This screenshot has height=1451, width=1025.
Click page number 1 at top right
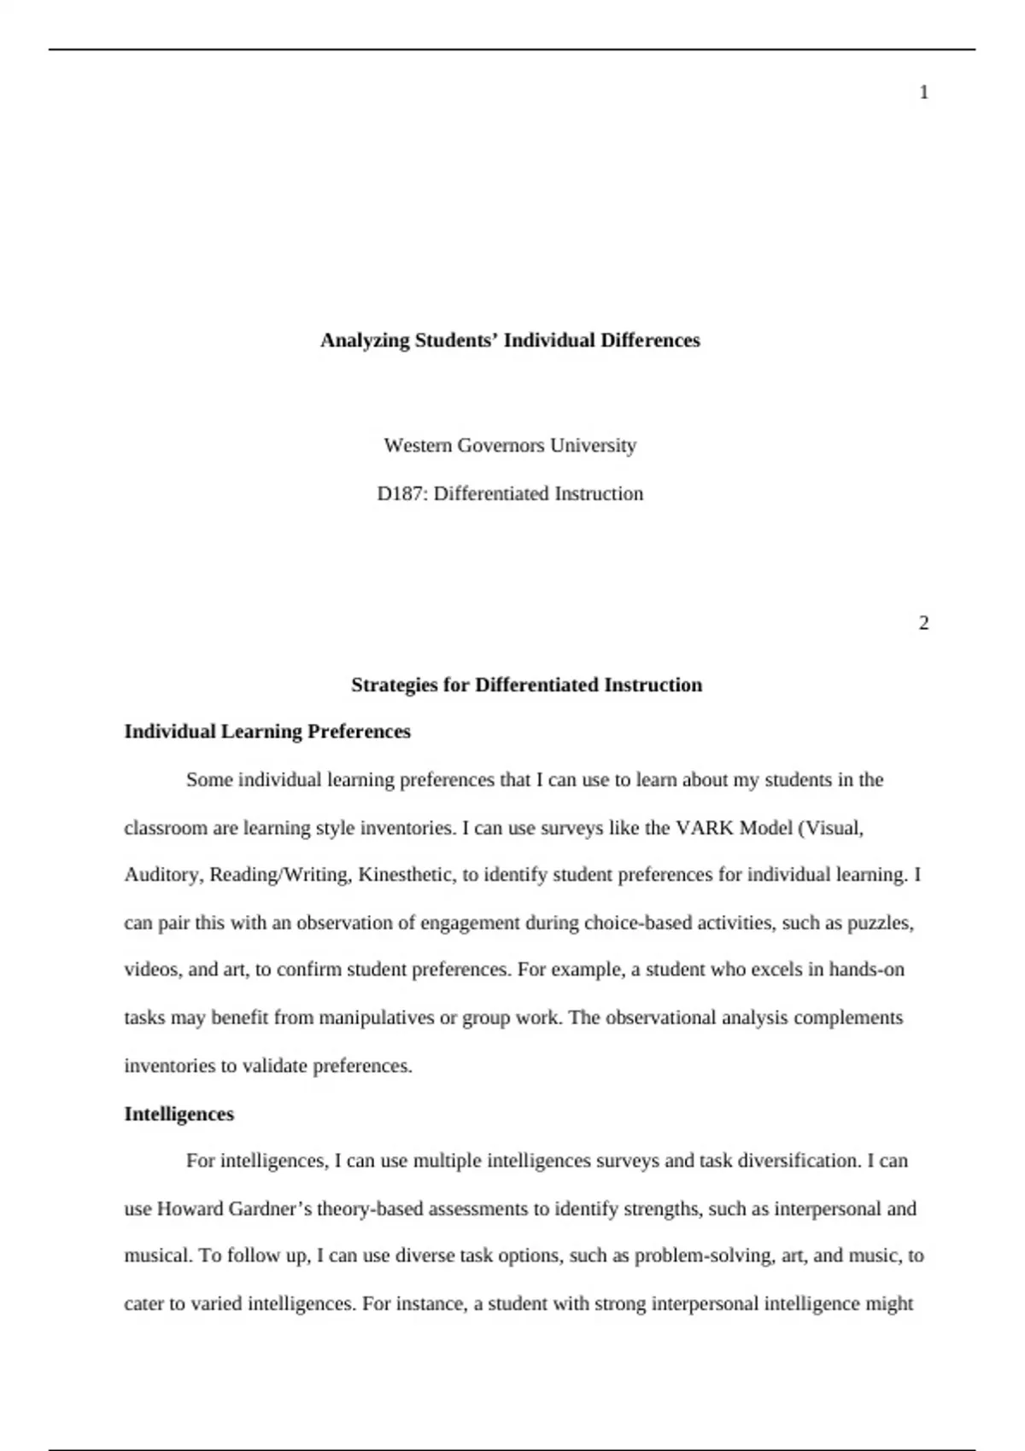923,92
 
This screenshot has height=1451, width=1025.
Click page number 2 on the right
923,623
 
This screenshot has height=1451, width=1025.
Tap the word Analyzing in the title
365,341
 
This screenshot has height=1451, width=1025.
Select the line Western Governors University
510,446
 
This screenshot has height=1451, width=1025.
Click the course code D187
401,493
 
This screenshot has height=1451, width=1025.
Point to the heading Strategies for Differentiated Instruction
526,685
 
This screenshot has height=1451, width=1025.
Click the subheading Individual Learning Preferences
267,731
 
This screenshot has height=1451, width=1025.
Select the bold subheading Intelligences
179,1114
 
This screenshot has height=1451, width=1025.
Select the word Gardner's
270,1209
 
